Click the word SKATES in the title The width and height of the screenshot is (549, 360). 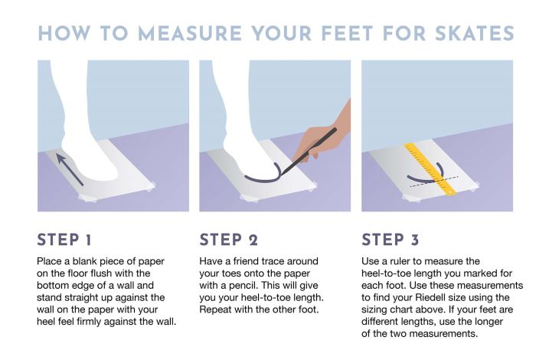[475, 34]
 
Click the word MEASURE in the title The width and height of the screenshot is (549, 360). [190, 34]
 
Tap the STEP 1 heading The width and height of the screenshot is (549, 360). [64, 241]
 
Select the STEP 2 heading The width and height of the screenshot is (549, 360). [229, 241]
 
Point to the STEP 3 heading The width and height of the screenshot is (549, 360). [391, 241]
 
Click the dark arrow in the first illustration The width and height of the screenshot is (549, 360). [70, 169]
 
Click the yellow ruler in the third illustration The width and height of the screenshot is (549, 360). [430, 169]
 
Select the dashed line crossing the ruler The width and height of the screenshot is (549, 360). [434, 182]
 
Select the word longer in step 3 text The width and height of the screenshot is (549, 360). [489, 322]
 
